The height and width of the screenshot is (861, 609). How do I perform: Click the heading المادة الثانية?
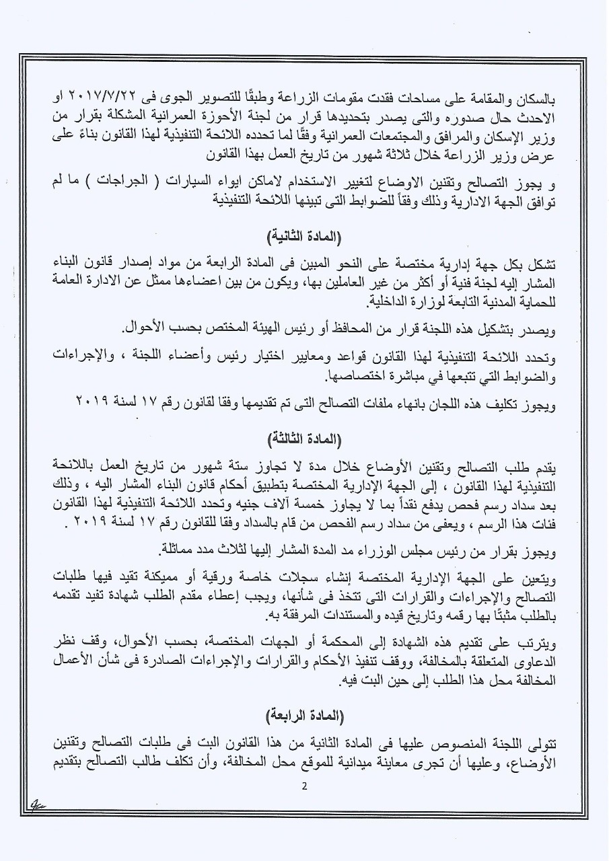(x=304, y=236)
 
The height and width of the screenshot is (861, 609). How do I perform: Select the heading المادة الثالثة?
(x=304, y=440)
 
